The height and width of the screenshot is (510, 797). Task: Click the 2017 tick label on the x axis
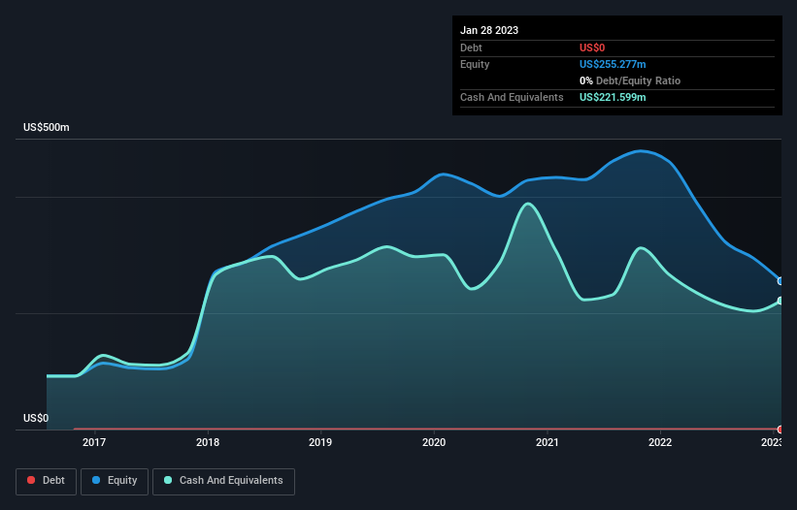click(94, 443)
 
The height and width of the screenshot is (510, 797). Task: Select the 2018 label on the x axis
click(208, 443)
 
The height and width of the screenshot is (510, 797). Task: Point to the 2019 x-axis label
click(320, 443)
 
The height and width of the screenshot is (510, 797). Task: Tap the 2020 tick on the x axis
click(434, 443)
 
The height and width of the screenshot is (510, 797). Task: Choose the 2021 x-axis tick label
click(548, 443)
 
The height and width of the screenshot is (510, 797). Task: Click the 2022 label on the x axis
click(660, 443)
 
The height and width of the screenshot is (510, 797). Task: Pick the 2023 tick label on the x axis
click(771, 443)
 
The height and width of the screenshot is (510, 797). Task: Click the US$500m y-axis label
click(47, 128)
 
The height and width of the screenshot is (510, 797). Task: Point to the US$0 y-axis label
click(36, 418)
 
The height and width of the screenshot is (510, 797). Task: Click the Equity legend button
click(115, 480)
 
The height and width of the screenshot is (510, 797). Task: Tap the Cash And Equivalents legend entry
click(223, 480)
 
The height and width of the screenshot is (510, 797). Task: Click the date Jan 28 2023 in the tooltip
click(489, 30)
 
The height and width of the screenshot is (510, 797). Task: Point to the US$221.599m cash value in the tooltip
click(612, 97)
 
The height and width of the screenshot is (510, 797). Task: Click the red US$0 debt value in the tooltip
click(593, 48)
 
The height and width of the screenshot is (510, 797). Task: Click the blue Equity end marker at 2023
click(780, 281)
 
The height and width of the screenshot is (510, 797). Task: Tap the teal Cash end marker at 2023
click(780, 301)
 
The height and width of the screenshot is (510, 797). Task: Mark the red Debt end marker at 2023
click(780, 429)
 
